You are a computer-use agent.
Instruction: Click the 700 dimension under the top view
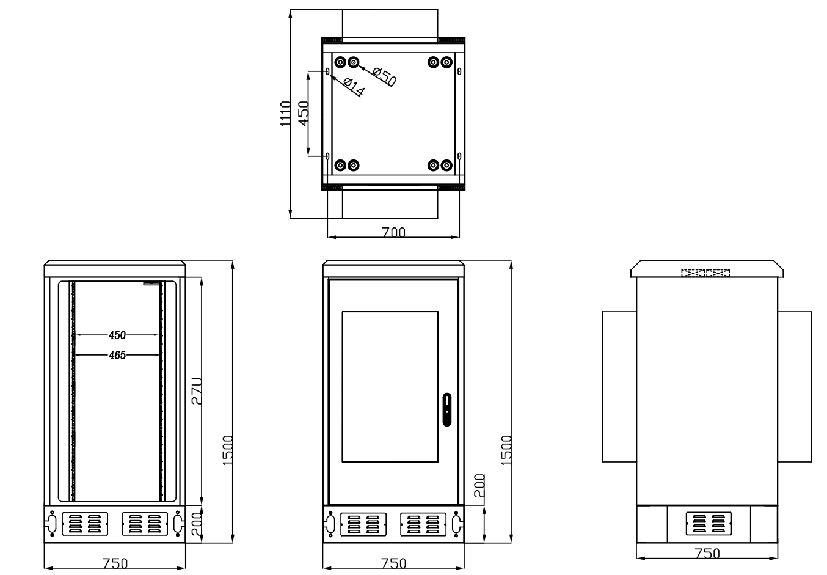click(394, 232)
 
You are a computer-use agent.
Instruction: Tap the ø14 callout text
click(354, 88)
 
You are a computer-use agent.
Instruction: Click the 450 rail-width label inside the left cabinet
click(117, 335)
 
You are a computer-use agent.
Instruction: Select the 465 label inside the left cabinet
click(117, 354)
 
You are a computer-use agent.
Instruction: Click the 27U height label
click(195, 391)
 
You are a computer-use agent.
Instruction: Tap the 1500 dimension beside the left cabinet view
click(227, 450)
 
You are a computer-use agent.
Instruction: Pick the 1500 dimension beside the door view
click(506, 450)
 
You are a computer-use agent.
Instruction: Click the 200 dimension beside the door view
click(479, 486)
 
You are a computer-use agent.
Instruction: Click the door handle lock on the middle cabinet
click(447, 409)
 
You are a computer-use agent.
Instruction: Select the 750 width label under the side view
click(707, 553)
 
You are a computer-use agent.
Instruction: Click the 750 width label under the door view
click(394, 562)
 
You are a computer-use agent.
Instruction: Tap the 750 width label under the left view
click(115, 562)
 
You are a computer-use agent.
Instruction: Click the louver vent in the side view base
click(708, 523)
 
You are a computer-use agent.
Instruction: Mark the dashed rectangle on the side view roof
click(705, 273)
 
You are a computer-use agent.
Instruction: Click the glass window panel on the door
click(390, 386)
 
